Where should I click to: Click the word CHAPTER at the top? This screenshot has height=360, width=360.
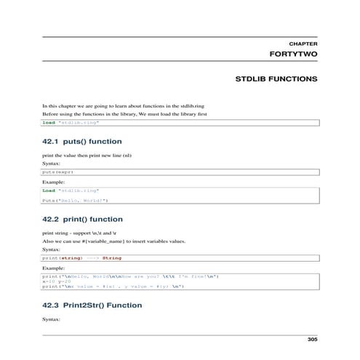coord(303,44)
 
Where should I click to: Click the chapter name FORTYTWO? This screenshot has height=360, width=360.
coord(293,55)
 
